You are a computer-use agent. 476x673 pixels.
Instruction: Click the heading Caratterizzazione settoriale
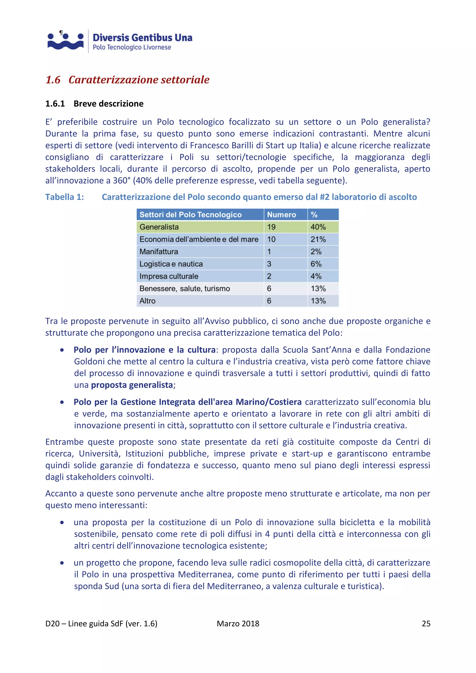tap(139, 80)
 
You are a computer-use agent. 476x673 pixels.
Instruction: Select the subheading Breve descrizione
tap(109, 104)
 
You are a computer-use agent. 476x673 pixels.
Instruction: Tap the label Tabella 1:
tap(64, 197)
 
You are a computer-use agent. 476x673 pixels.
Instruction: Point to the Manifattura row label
tap(159, 251)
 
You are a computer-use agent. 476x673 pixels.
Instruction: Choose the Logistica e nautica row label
tap(171, 264)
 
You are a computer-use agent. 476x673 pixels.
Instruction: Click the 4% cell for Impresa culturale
tap(316, 276)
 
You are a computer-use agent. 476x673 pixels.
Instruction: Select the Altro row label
tap(147, 301)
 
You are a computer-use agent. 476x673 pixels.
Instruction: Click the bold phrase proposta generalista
tap(132, 385)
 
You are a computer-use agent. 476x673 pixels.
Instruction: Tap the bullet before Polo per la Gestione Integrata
tap(62, 402)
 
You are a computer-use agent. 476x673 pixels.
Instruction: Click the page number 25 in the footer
tap(426, 624)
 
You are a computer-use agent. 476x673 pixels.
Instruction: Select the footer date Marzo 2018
tap(238, 624)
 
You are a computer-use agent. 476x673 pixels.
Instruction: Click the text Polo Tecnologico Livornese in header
tap(132, 47)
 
